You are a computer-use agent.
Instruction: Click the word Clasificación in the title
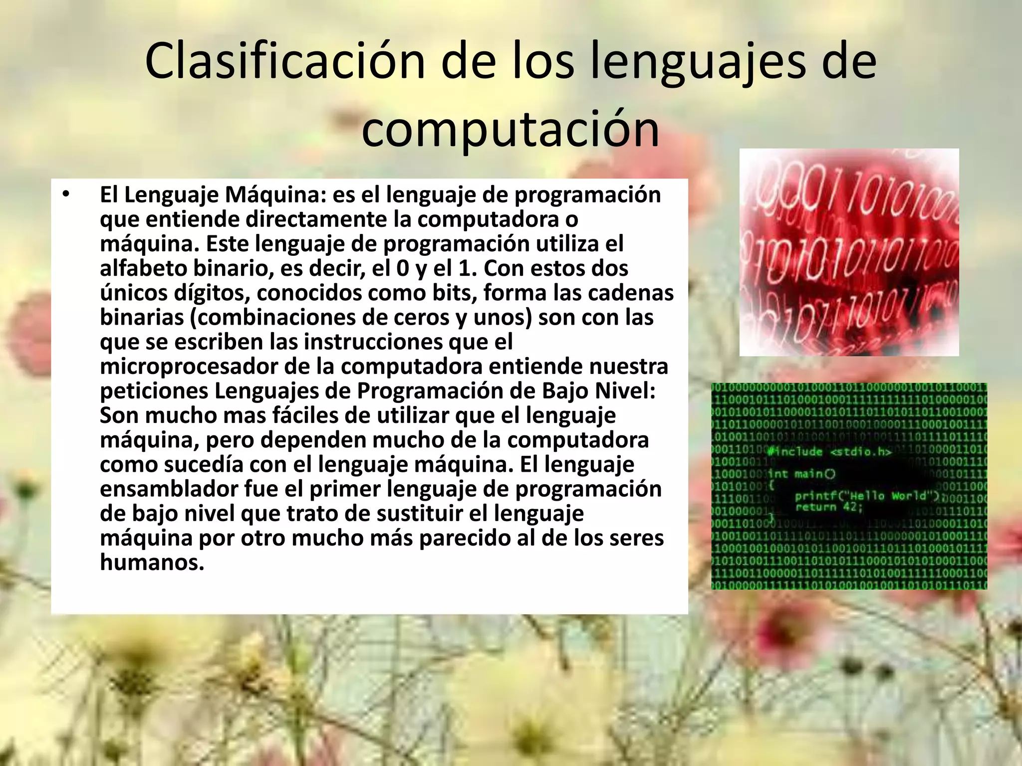pos(284,62)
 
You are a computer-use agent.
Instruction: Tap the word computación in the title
pos(510,130)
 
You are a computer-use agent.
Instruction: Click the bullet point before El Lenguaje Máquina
pos(65,195)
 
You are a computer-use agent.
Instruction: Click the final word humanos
pos(152,563)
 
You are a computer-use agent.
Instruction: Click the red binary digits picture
pos(849,252)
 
